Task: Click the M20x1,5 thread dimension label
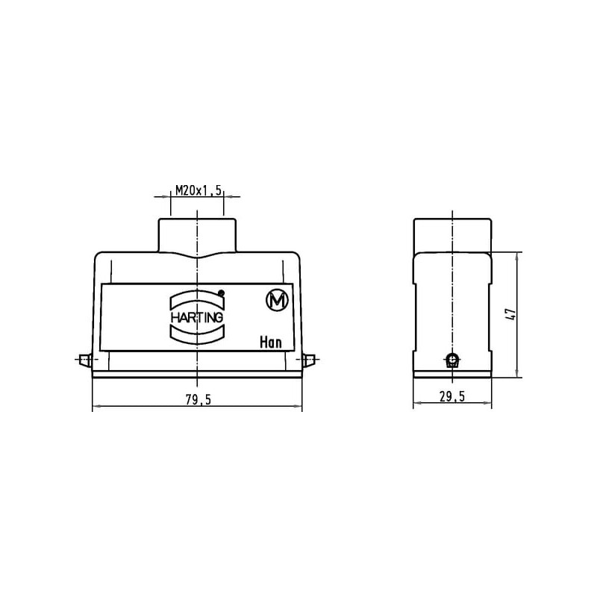click(x=198, y=190)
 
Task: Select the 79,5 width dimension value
click(x=198, y=399)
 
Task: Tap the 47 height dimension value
click(x=512, y=313)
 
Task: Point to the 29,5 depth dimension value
click(x=452, y=397)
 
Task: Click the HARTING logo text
click(x=197, y=317)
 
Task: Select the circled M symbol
click(x=277, y=301)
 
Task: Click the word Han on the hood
click(x=271, y=343)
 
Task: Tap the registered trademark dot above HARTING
click(x=221, y=293)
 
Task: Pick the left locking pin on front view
click(x=84, y=360)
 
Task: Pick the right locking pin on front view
click(x=309, y=360)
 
